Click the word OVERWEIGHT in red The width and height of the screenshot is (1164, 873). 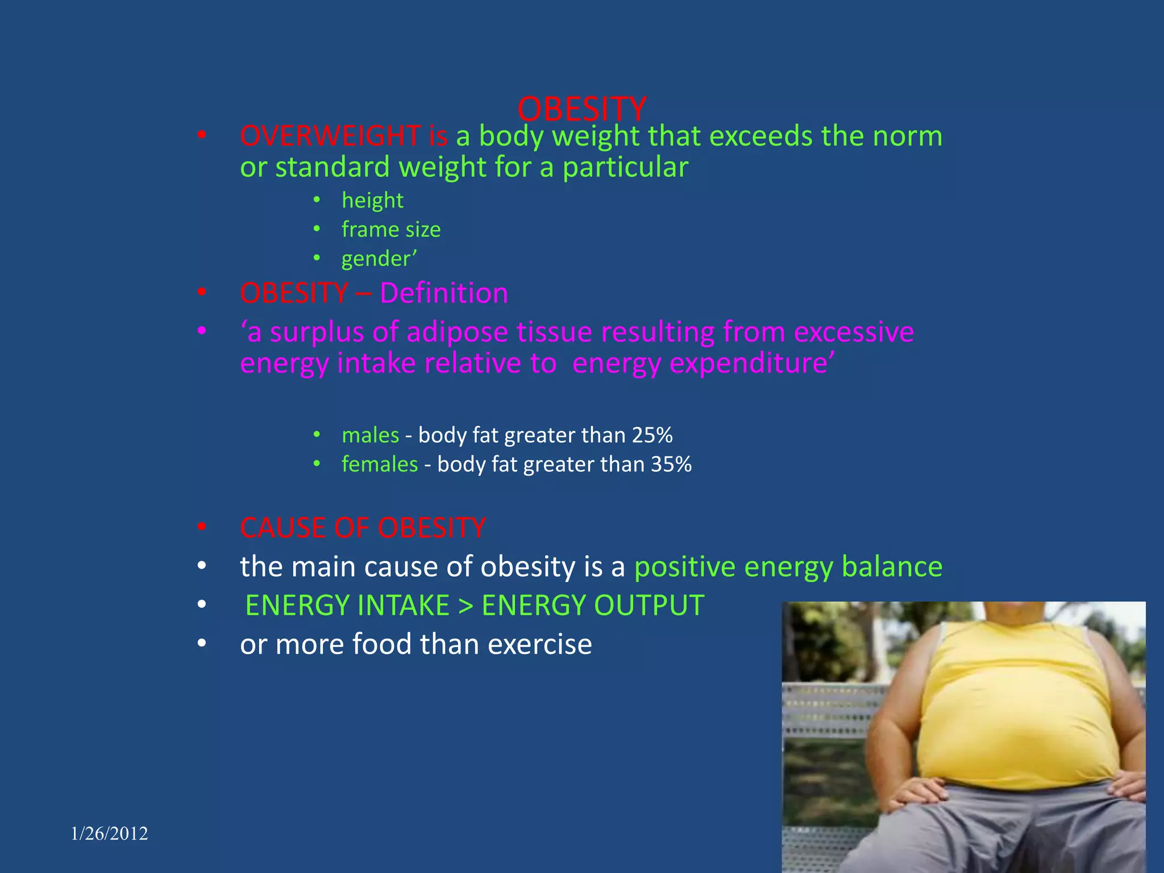(330, 136)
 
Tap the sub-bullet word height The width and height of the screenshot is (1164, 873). (372, 201)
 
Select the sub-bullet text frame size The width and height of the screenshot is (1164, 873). (391, 230)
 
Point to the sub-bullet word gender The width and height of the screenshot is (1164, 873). (376, 259)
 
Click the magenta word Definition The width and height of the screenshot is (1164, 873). (443, 293)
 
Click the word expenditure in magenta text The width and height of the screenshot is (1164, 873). (699, 364)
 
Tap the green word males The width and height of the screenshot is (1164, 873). (371, 435)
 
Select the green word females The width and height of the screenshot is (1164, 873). (380, 464)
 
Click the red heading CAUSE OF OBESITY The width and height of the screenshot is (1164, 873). (363, 528)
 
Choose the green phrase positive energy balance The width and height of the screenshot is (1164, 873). (788, 567)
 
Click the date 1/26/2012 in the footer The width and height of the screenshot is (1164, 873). (110, 834)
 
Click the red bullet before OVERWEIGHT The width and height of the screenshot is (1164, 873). (202, 136)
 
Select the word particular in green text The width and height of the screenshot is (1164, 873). (625, 168)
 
